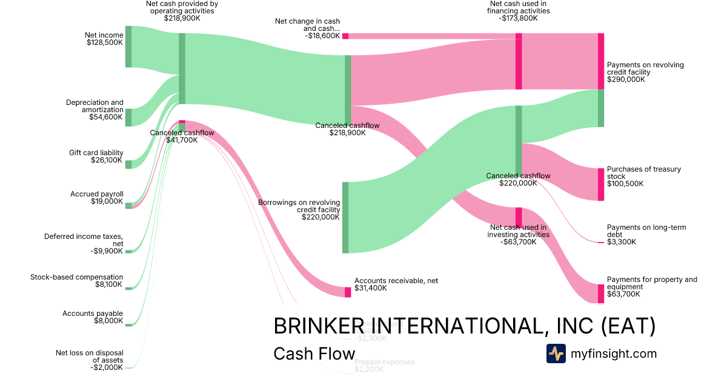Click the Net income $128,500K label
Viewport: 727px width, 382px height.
pyautogui.click(x=104, y=39)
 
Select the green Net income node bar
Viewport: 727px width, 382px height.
pyautogui.click(x=128, y=47)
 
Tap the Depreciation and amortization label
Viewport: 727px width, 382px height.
pyautogui.click(x=95, y=110)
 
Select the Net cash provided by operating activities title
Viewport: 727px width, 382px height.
pyautogui.click(x=182, y=11)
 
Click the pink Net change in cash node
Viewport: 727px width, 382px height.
pyautogui.click(x=345, y=36)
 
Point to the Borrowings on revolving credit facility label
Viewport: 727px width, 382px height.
pyautogui.click(x=299, y=209)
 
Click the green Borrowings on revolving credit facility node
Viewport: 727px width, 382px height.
pyautogui.click(x=345, y=217)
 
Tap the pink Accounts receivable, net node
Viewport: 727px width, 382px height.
pyautogui.click(x=348, y=292)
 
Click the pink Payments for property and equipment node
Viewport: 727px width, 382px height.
pyautogui.click(x=601, y=293)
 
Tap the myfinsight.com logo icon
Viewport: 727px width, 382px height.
pyautogui.click(x=556, y=354)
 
